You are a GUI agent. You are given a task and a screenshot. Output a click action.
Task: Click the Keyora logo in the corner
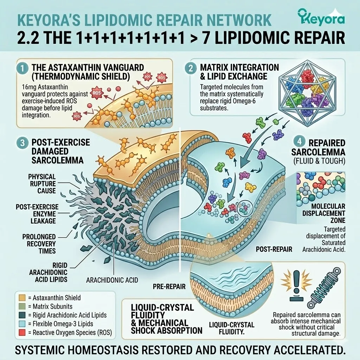[321, 17]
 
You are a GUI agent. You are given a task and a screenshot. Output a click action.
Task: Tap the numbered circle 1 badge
[22, 69]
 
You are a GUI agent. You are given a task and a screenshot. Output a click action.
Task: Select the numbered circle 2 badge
[191, 68]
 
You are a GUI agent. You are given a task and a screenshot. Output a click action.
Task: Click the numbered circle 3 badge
[23, 143]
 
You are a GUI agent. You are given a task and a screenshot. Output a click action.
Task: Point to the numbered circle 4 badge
[300, 142]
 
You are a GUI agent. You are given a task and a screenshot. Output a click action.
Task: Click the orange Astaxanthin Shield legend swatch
[22, 298]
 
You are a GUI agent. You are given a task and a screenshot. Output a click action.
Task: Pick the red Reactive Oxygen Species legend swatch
[22, 333]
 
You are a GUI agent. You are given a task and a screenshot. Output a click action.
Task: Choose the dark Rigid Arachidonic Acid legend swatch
[22, 315]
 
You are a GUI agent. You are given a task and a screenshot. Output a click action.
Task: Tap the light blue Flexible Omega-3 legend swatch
[22, 324]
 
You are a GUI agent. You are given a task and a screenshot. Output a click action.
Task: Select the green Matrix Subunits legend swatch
[22, 307]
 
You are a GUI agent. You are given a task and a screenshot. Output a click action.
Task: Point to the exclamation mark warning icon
[296, 285]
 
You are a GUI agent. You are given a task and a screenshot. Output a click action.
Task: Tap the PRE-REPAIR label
[169, 286]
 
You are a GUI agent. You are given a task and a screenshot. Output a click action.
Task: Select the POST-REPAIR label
[274, 249]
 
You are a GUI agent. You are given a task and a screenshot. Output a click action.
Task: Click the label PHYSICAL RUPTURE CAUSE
[42, 184]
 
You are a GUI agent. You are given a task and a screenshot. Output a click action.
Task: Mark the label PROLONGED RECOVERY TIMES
[39, 244]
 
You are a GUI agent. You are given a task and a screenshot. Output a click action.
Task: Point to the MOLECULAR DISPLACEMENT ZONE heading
[324, 213]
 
